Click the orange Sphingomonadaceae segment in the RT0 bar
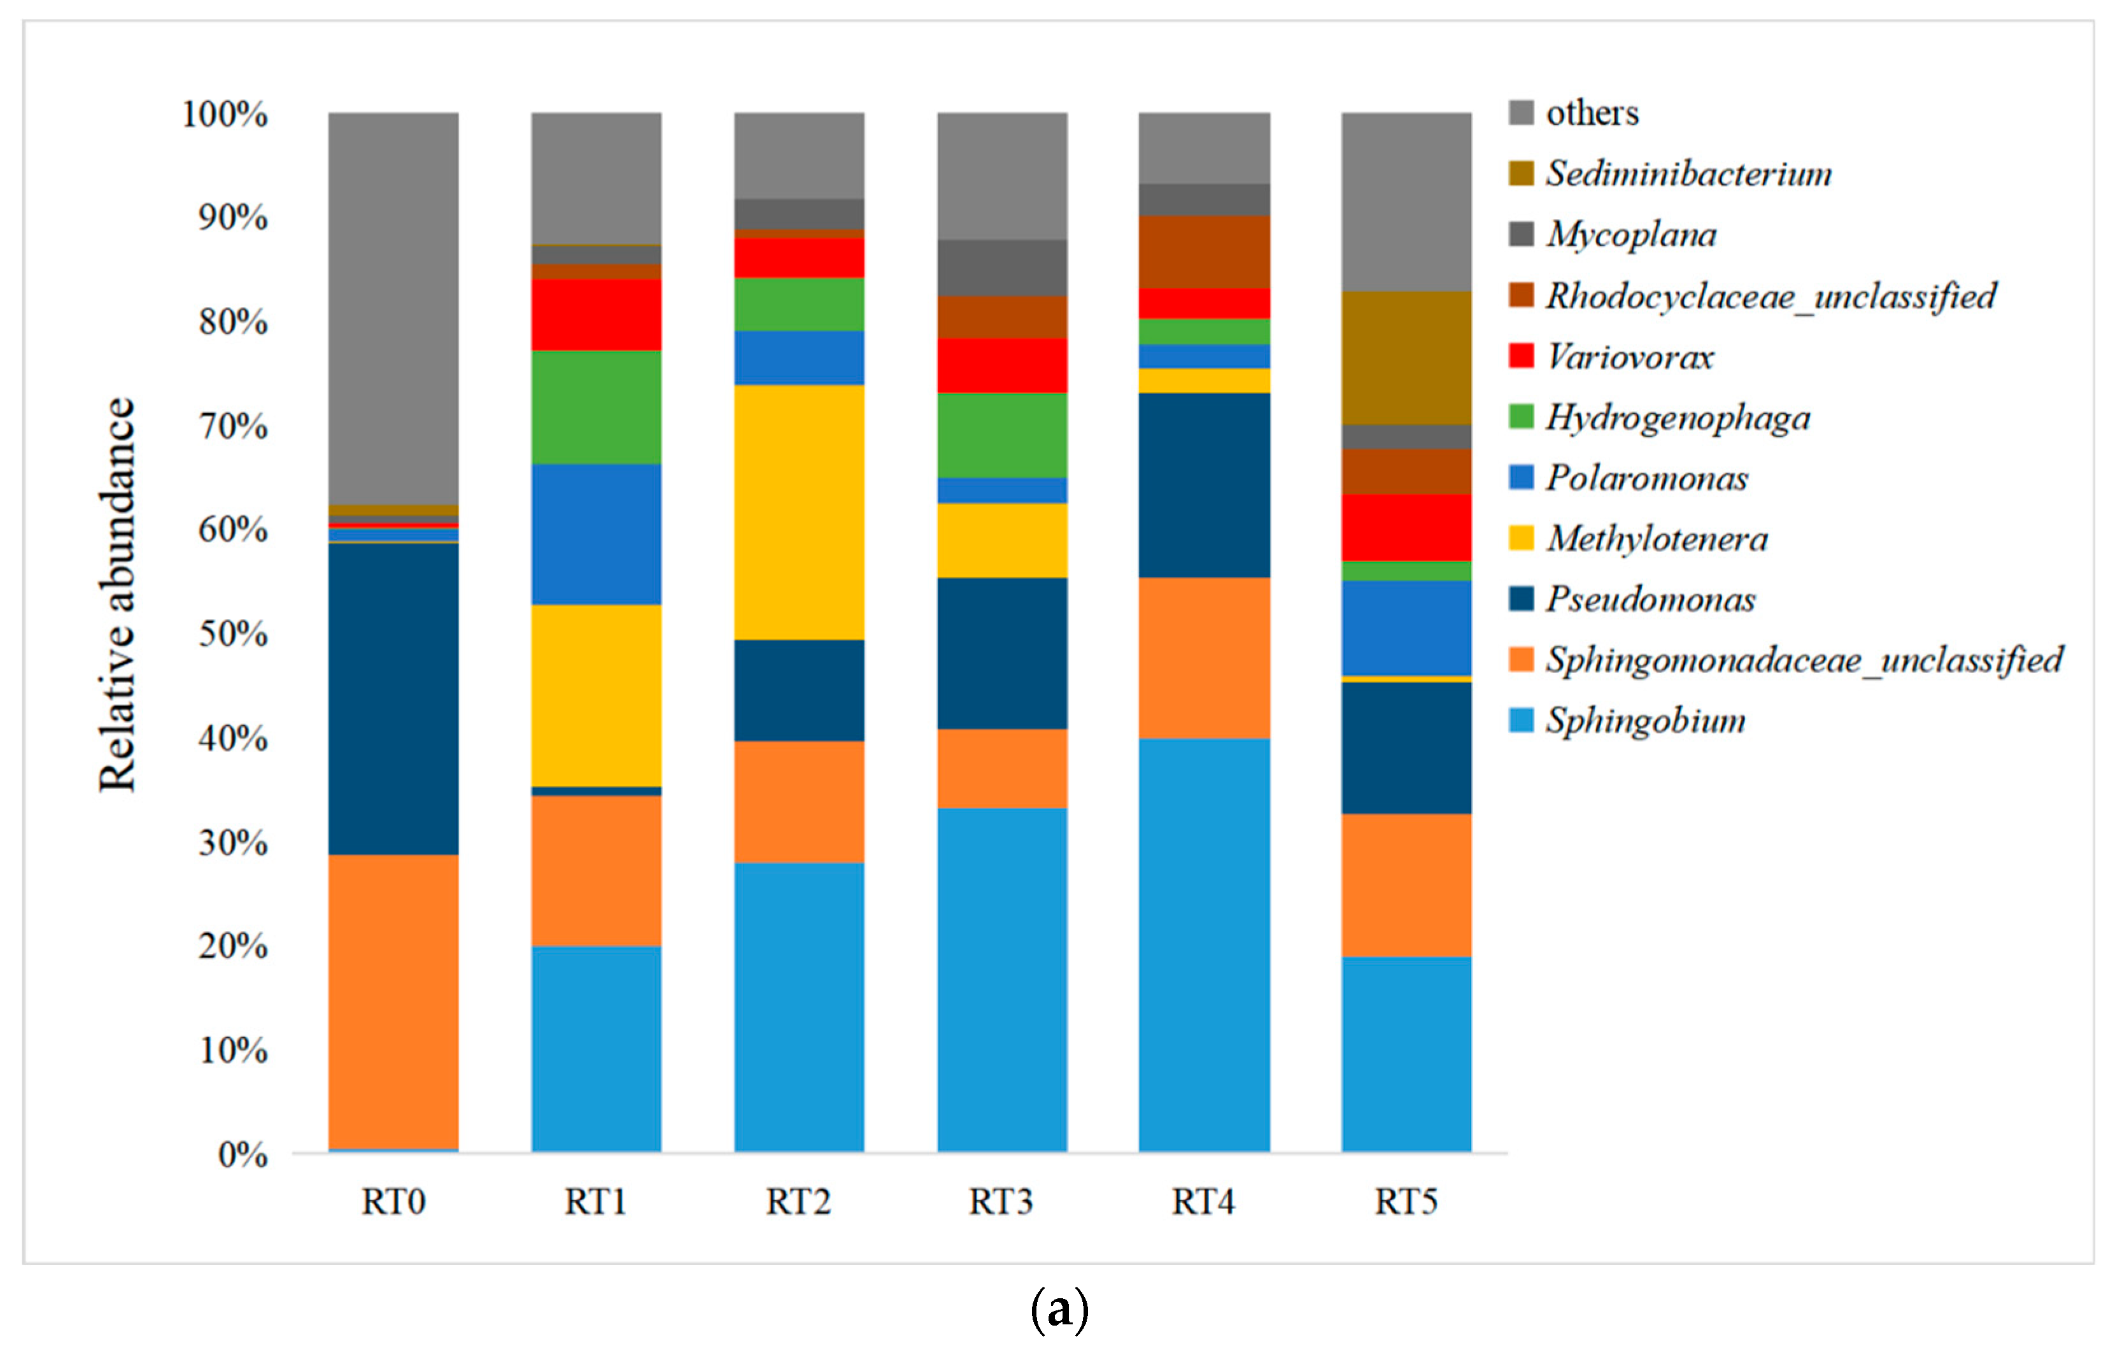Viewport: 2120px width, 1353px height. click(x=393, y=1002)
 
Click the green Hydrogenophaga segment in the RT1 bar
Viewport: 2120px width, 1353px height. click(x=596, y=407)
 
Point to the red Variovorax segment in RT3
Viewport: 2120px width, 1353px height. click(x=1002, y=365)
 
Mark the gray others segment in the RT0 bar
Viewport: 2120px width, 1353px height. click(x=393, y=308)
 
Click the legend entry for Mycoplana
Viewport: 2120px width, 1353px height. click(x=1630, y=235)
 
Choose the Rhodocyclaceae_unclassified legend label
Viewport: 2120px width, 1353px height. click(x=1770, y=296)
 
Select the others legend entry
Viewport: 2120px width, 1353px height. click(x=1592, y=113)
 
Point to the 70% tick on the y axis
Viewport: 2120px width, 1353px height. click(x=233, y=427)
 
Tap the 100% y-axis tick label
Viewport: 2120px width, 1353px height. click(x=225, y=115)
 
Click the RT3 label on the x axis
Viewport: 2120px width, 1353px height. click(x=1001, y=1201)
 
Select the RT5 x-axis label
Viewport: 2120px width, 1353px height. click(x=1406, y=1201)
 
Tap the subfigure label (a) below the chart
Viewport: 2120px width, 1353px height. click(x=1059, y=1309)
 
